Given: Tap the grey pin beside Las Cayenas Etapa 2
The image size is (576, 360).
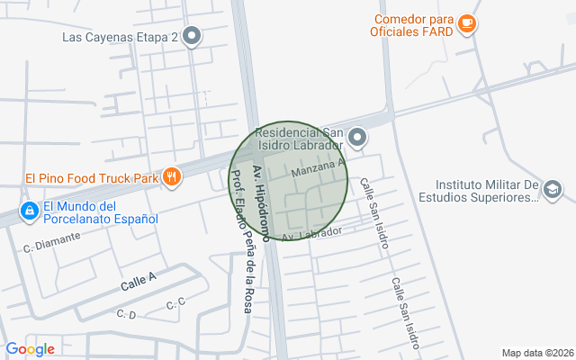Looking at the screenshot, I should (x=192, y=37).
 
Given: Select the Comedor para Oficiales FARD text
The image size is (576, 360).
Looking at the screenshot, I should (x=413, y=25).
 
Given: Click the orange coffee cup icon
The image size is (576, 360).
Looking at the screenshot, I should (x=465, y=23).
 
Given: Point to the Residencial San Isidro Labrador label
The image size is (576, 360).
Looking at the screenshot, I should (x=300, y=139).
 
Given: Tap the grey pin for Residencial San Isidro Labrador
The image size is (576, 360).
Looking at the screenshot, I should (x=357, y=138).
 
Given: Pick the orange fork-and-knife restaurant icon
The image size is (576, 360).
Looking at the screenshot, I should (x=170, y=176).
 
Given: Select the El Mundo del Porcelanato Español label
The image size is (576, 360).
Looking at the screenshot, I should (x=100, y=212).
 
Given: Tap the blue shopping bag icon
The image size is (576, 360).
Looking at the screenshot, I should (x=30, y=211).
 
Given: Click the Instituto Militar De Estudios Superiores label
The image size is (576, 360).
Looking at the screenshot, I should (x=481, y=192).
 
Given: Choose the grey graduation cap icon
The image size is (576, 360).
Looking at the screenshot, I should (x=553, y=190).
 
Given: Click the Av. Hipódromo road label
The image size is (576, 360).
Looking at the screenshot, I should (x=260, y=202).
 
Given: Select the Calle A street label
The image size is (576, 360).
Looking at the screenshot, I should (x=139, y=283).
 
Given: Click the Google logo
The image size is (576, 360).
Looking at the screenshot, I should (x=30, y=349).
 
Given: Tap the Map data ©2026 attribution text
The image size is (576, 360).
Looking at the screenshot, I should (x=535, y=353).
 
